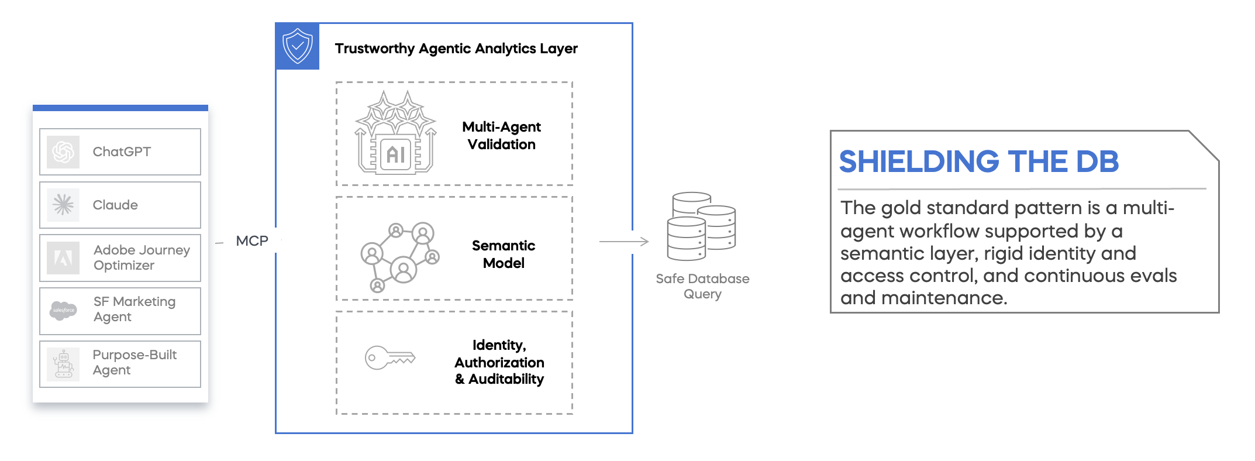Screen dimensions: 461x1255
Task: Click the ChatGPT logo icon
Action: point(63,152)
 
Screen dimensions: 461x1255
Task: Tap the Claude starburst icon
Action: point(63,205)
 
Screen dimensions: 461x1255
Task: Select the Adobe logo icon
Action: point(63,257)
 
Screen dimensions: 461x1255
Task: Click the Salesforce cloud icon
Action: point(63,310)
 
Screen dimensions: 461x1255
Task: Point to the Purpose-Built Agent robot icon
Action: point(63,364)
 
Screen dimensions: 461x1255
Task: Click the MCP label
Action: point(252,241)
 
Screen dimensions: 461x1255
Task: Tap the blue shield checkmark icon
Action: point(298,46)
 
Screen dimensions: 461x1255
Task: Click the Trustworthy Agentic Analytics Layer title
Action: point(456,49)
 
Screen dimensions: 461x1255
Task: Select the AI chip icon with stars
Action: point(396,133)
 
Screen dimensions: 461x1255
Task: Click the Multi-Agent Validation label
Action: point(501,136)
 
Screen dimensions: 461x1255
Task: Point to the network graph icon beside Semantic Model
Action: point(399,256)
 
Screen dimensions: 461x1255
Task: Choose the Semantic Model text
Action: point(503,254)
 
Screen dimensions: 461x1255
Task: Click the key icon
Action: point(389,357)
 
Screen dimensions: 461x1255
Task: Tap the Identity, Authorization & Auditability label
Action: point(499,362)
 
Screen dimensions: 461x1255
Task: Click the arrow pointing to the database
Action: point(624,241)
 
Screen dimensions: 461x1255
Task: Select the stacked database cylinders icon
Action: point(701,226)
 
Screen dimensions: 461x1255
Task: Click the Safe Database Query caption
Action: point(702,286)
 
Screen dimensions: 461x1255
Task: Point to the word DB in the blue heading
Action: point(1097,162)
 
